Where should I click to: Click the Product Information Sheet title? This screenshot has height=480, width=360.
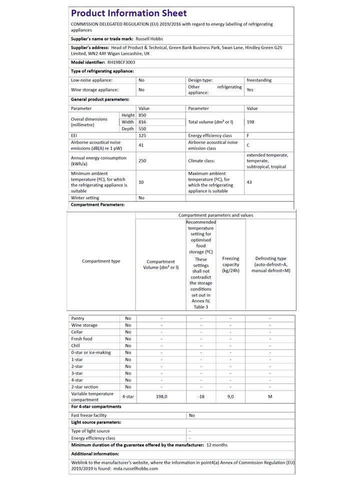(129, 13)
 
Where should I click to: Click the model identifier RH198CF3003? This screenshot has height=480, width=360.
(121, 62)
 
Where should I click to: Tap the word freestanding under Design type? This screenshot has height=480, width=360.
(259, 80)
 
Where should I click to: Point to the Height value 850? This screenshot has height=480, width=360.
(143, 115)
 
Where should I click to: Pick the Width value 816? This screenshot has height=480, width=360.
(143, 122)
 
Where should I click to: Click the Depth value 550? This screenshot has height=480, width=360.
(143, 128)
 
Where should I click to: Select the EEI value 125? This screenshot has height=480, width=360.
(142, 135)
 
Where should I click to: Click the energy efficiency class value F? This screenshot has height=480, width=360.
(248, 135)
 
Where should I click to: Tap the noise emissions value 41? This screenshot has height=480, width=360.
(141, 145)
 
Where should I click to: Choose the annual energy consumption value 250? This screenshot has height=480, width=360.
(142, 161)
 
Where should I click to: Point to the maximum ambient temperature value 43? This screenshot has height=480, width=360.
(249, 182)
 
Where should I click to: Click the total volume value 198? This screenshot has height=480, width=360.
(250, 122)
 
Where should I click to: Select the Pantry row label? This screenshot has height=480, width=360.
(78, 318)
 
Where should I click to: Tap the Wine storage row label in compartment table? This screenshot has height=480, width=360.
(84, 325)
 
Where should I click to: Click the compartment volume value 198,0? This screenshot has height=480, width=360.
(161, 396)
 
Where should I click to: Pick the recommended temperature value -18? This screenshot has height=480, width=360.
(200, 396)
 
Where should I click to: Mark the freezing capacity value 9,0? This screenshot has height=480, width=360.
(230, 396)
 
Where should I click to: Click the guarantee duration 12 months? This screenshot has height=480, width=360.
(217, 444)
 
